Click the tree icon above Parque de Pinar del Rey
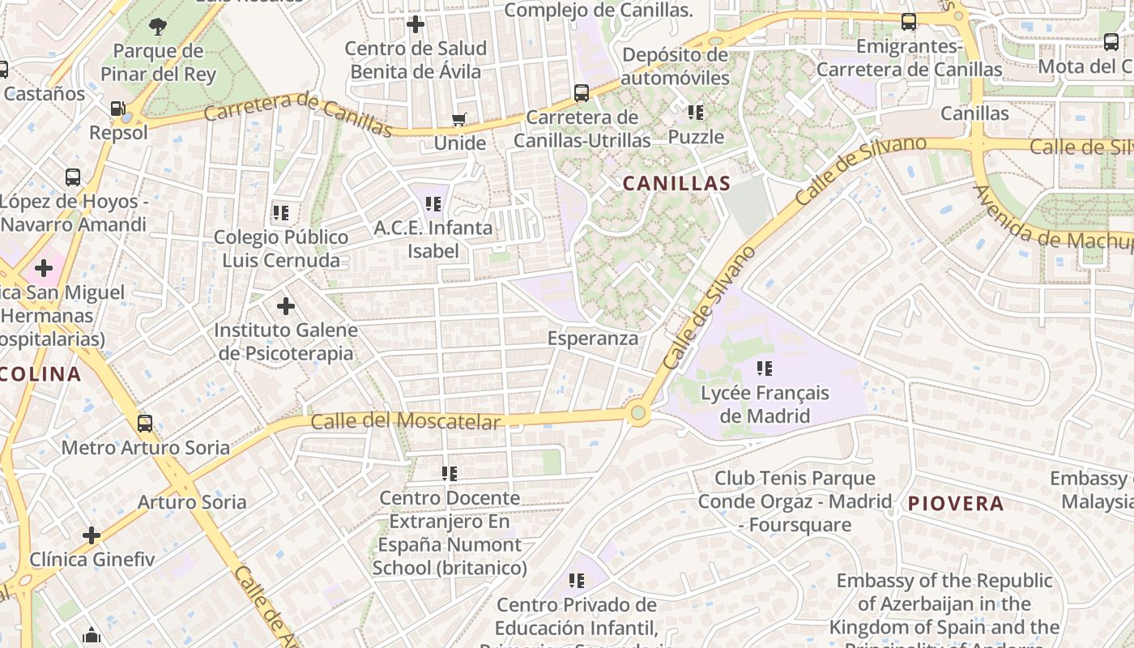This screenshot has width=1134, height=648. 158,27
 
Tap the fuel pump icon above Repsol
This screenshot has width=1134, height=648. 118,109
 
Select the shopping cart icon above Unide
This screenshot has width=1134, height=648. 458,120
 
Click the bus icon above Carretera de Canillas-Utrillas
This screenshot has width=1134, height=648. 582,92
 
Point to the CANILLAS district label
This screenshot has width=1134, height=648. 676,184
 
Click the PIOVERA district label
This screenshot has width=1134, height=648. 956,504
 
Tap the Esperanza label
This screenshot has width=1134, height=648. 593,339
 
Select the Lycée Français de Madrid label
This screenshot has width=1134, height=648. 765,404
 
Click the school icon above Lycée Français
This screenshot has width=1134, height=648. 764,369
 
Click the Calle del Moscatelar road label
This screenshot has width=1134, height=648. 406,421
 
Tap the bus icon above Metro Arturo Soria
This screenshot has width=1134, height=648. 145,423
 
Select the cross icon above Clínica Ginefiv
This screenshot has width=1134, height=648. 92,535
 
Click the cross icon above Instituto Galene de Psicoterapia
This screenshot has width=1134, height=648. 285,306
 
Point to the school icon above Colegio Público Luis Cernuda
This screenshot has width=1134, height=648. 280,213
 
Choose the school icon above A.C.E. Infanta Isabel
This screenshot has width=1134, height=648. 433,203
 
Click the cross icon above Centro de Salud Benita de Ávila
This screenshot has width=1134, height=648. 416,24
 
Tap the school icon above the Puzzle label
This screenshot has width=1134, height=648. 695,112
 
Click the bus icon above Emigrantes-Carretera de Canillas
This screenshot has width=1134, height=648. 909,22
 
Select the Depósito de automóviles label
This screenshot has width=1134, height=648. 676,66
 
